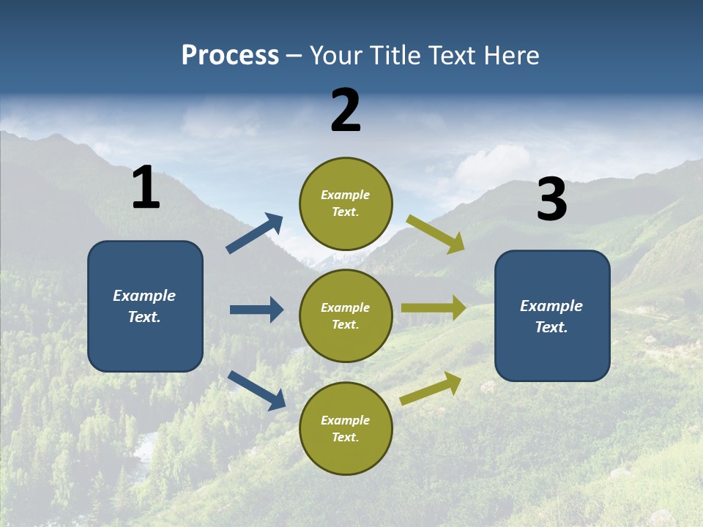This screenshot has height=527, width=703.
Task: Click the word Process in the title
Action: pos(230,56)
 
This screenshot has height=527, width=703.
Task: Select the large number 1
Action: pos(146,188)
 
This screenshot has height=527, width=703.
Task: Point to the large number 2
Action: pos(346,111)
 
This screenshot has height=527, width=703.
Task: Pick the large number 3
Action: pos(552,200)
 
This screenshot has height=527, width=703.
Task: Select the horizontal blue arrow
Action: pos(256,310)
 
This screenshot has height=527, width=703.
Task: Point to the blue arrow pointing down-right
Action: pos(257,390)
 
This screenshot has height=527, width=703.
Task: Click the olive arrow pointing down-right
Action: pos(436,234)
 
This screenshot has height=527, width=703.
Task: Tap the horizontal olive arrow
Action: pos(434,308)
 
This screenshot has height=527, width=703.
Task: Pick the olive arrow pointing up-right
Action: pos(431,388)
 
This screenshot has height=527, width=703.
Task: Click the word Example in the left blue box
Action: pos(144,296)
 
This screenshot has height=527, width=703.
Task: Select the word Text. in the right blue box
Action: pos(551,327)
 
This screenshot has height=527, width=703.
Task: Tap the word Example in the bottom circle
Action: pos(346,420)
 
